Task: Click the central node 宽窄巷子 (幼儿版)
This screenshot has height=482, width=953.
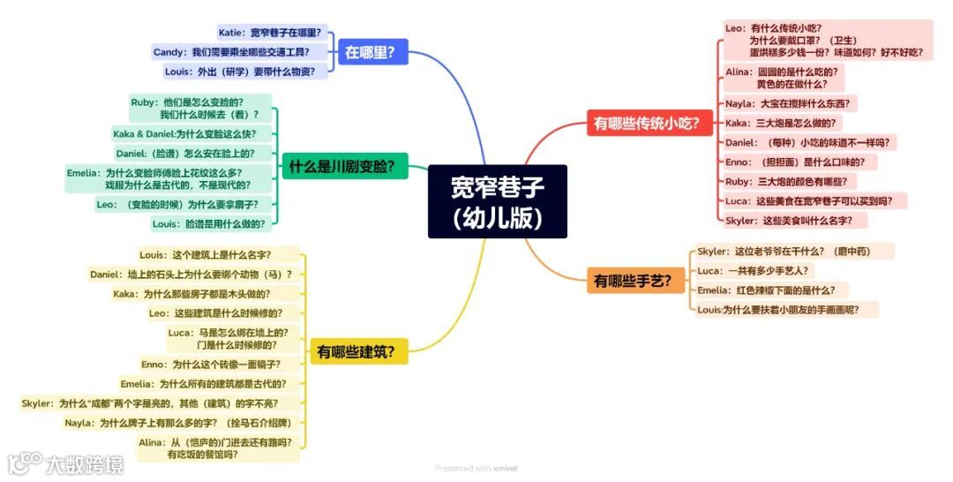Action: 497,201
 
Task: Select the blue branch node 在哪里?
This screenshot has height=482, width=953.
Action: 376,52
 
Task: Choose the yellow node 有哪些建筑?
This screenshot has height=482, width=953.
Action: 356,352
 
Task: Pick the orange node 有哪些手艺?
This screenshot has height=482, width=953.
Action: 633,281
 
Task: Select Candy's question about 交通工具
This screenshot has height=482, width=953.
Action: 238,52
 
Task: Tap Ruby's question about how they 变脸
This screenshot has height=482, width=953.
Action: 199,109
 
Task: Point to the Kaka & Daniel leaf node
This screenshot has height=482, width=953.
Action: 184,134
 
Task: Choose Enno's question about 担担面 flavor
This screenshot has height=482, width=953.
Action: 788,162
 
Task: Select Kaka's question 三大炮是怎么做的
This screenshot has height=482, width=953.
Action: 779,123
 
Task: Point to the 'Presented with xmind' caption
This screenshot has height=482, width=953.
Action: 476,468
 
